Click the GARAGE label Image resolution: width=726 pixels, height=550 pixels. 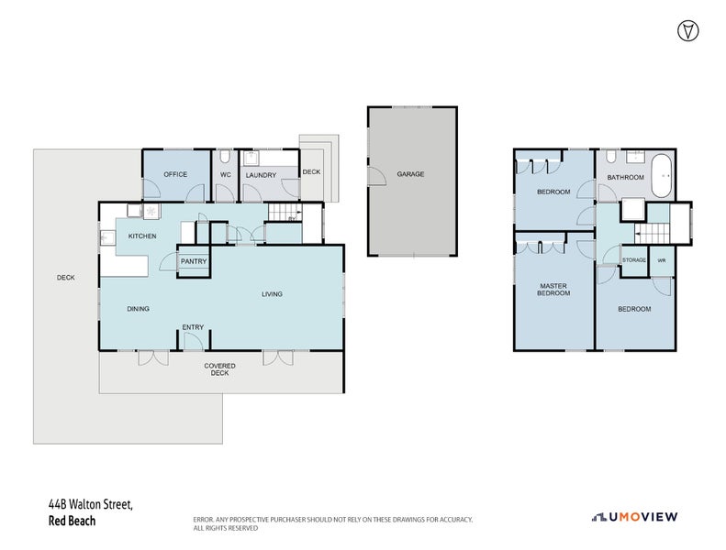point(410,174)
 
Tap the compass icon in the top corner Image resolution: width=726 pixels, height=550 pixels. point(686,29)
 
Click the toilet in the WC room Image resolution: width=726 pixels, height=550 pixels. point(225,156)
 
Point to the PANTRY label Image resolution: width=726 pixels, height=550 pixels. point(194,261)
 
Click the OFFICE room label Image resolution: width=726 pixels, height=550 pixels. point(175,174)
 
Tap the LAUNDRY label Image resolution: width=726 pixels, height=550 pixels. point(261,174)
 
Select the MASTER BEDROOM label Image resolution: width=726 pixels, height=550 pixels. point(553,290)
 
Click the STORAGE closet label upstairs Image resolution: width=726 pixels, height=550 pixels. point(634,260)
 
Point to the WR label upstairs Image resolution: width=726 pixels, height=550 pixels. point(661,260)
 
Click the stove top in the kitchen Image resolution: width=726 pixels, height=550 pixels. point(148,212)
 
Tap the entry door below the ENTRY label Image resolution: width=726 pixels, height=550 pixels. point(193,343)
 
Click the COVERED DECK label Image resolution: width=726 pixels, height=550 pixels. point(219,369)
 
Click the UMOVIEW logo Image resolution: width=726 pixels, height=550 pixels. point(634,516)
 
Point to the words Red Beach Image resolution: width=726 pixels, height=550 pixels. point(72,521)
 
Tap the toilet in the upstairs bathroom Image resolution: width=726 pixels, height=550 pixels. point(611,156)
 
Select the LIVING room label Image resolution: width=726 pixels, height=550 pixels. point(272,294)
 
